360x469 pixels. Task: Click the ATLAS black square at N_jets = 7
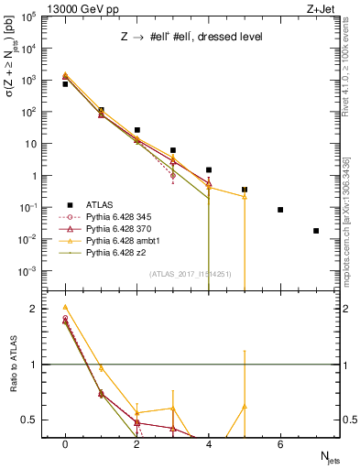(316, 231)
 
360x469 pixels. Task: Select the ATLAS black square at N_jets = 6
(280, 210)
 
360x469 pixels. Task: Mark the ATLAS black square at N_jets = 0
(65, 83)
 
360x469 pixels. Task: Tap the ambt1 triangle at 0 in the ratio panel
(65, 308)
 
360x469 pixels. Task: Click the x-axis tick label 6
(280, 444)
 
